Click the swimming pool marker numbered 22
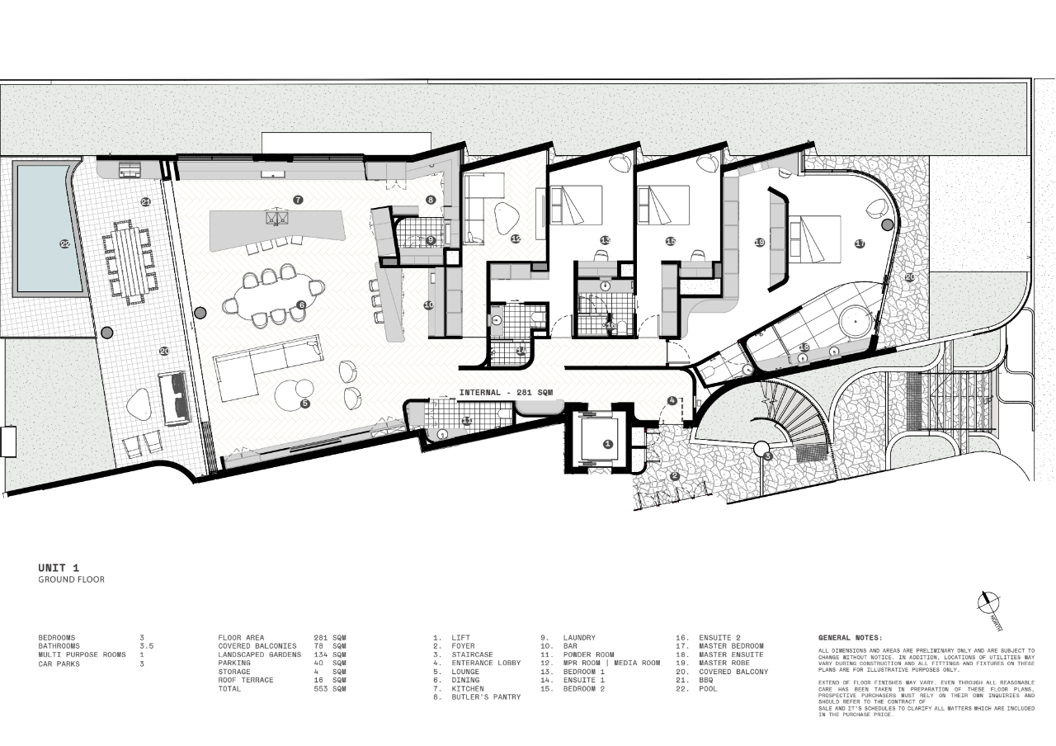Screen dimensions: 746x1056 [65, 243]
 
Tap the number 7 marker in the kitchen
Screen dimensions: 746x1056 [299, 200]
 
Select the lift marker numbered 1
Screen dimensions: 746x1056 [608, 444]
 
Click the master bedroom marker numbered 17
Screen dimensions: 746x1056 [860, 243]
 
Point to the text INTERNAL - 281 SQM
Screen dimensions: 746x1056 [506, 393]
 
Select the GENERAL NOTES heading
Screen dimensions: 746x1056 [850, 638]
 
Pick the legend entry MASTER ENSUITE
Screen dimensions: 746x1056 [731, 654]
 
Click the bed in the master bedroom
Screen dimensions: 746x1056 [816, 238]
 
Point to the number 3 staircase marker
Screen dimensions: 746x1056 [767, 456]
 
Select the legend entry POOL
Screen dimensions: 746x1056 [708, 689]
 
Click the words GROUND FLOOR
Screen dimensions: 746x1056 [71, 580]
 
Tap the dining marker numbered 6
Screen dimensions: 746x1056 [301, 305]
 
